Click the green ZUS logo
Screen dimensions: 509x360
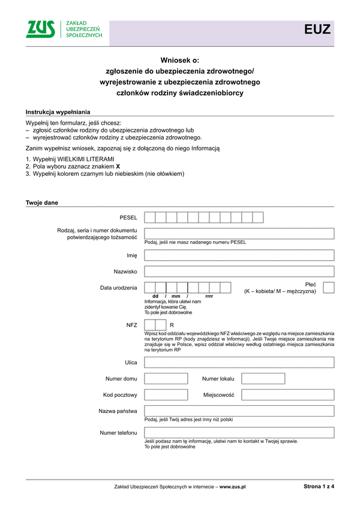coord(41,29)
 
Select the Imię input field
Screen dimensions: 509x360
coord(239,255)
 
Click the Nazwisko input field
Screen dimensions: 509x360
coord(239,271)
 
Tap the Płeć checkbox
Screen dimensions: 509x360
coord(328,288)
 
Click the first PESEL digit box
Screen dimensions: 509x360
coord(150,217)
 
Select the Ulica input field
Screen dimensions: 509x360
coord(239,362)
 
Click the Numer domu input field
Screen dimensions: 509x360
coord(166,378)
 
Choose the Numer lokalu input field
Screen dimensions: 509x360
coord(263,378)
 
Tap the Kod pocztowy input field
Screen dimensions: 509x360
coord(166,394)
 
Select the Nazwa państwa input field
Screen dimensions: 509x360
coord(239,411)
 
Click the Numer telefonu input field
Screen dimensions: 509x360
coord(239,432)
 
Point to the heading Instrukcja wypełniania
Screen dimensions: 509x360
coord(58,112)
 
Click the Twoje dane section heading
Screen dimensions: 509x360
coord(42,203)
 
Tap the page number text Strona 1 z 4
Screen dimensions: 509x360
coord(319,487)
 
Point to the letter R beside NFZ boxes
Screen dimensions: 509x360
coord(172,324)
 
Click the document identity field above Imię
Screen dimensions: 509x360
coord(239,233)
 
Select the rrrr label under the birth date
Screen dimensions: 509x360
coord(209,297)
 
